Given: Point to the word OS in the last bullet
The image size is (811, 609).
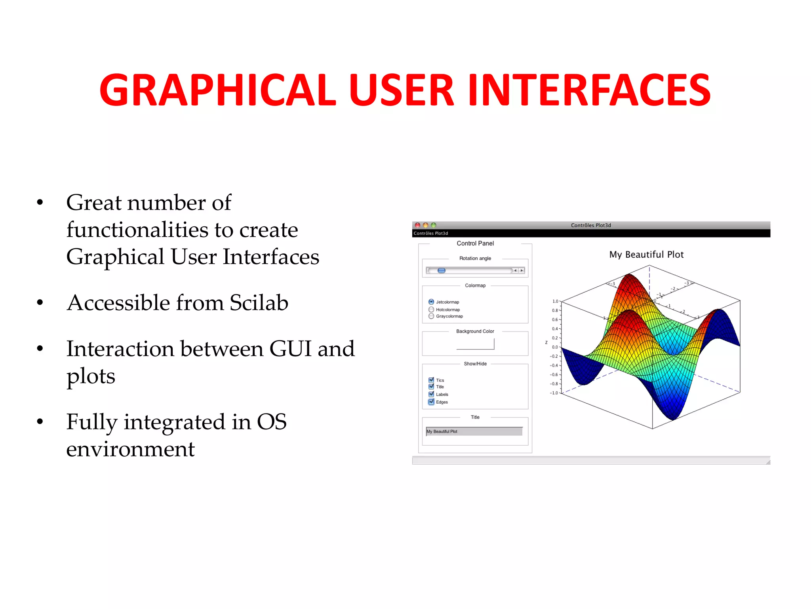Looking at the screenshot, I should click(x=272, y=422).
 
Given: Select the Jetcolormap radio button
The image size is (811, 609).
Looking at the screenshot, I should click(x=431, y=302).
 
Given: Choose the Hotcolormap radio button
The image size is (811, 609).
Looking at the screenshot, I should click(x=431, y=309).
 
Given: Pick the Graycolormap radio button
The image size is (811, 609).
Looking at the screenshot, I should click(x=431, y=316).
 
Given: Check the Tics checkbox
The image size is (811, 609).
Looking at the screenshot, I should click(x=431, y=380).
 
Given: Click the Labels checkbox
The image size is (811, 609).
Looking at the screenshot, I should click(x=431, y=394).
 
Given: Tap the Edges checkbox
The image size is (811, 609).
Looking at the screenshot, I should click(x=431, y=402).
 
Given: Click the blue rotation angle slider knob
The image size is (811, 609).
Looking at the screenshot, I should click(x=441, y=270).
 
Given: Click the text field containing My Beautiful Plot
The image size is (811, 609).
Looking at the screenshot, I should click(x=474, y=431).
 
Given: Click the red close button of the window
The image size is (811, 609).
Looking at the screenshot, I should click(x=417, y=225).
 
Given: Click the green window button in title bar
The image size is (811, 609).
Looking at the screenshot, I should click(x=434, y=225).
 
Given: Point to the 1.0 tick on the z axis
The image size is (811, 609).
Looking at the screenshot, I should click(x=555, y=301).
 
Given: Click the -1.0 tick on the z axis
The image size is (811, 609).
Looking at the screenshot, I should click(x=554, y=393).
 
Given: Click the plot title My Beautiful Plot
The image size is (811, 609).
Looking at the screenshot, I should click(x=646, y=255).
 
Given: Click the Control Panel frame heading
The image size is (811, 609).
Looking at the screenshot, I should click(x=475, y=243).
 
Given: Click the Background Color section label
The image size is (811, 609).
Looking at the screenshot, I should click(x=475, y=331).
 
